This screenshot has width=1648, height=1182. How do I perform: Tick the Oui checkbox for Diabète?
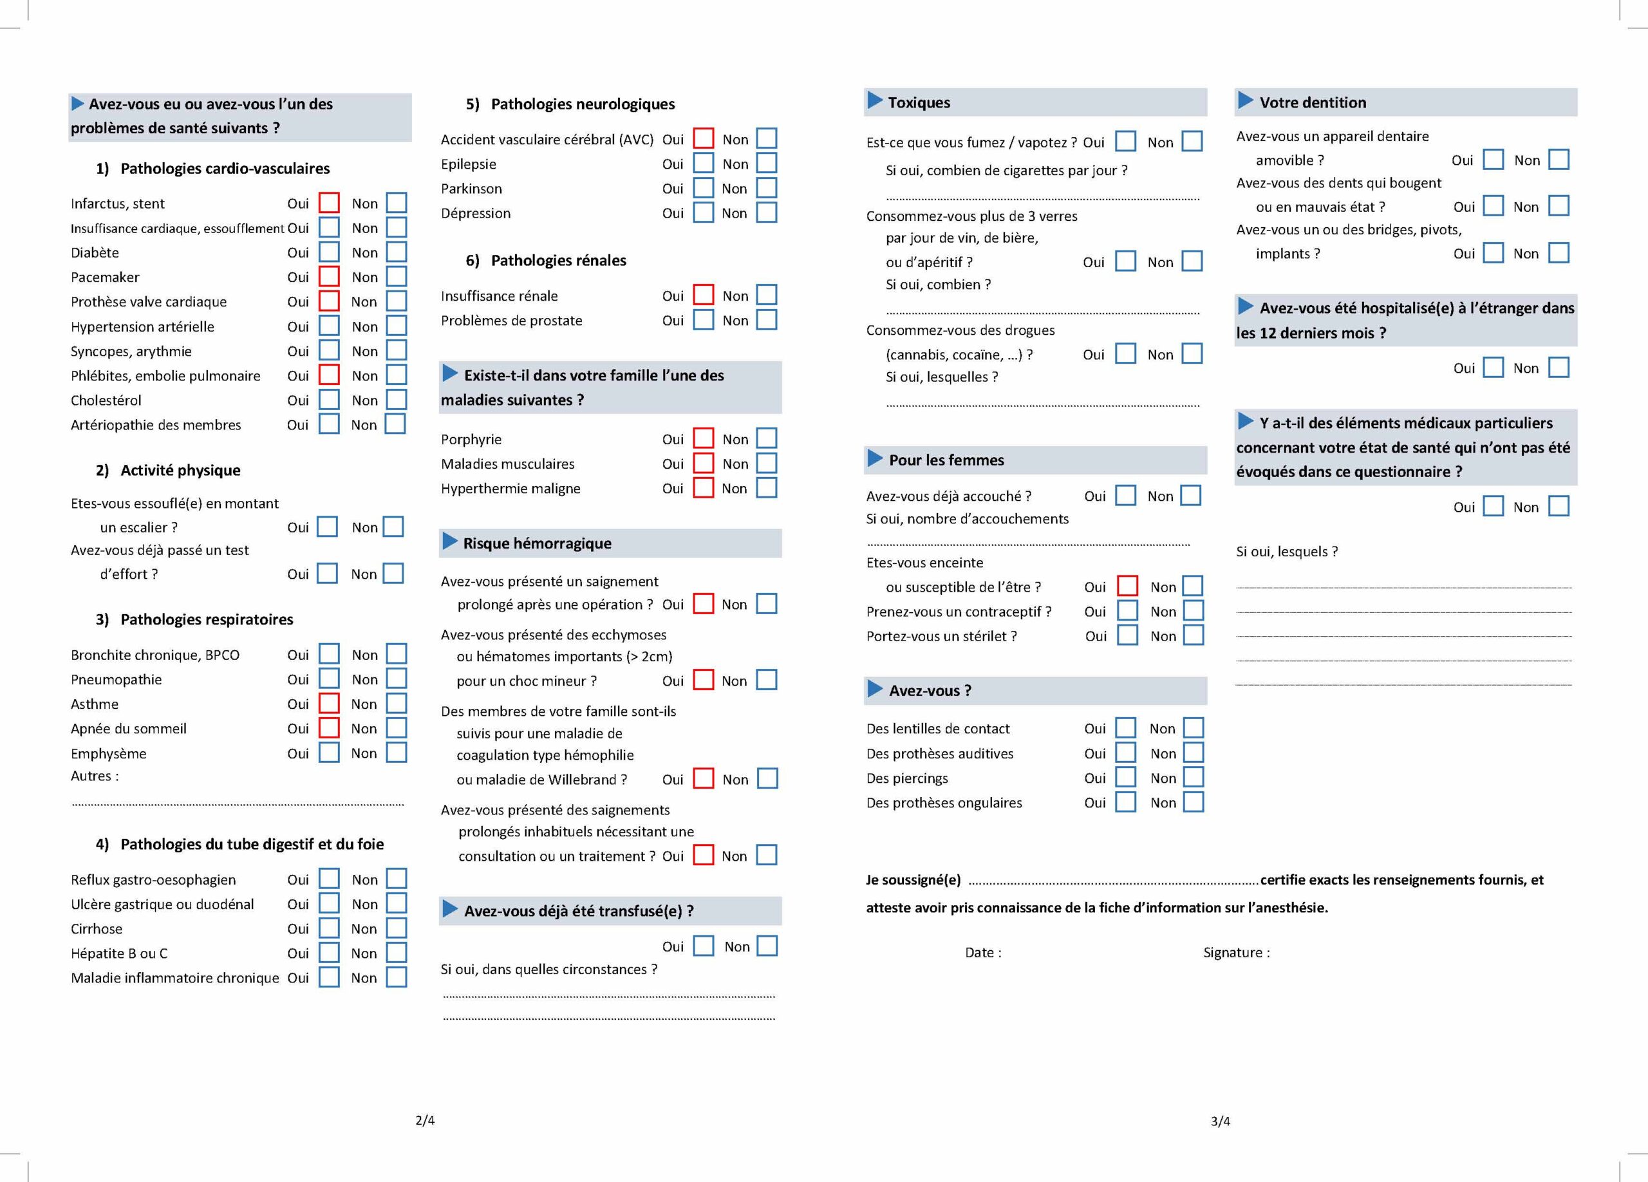click(x=329, y=252)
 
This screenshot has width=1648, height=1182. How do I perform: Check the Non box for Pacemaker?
click(x=396, y=277)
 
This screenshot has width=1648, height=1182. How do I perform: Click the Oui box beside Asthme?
click(x=329, y=703)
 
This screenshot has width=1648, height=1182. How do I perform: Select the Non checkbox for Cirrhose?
click(x=396, y=928)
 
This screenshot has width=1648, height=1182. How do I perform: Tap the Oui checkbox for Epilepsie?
click(x=704, y=164)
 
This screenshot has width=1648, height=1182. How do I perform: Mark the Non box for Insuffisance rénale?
click(x=767, y=295)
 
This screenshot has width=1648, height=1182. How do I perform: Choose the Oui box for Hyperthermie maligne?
click(x=704, y=487)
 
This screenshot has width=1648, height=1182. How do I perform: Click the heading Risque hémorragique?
click(x=537, y=543)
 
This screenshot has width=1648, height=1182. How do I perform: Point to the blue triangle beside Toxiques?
click(x=875, y=101)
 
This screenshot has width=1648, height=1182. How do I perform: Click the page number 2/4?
click(x=425, y=1120)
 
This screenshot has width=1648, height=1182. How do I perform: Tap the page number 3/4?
click(x=1221, y=1121)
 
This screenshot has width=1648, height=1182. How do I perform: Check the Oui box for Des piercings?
click(x=1125, y=777)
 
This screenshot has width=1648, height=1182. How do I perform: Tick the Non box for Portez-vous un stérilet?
click(x=1193, y=635)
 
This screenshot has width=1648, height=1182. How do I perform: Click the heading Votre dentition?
click(x=1313, y=102)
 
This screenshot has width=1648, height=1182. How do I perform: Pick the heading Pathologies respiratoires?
click(x=207, y=619)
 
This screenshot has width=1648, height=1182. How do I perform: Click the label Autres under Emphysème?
click(x=94, y=776)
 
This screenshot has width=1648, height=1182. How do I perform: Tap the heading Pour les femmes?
click(x=946, y=460)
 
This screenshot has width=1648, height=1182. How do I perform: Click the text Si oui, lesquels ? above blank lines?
click(x=1287, y=551)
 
